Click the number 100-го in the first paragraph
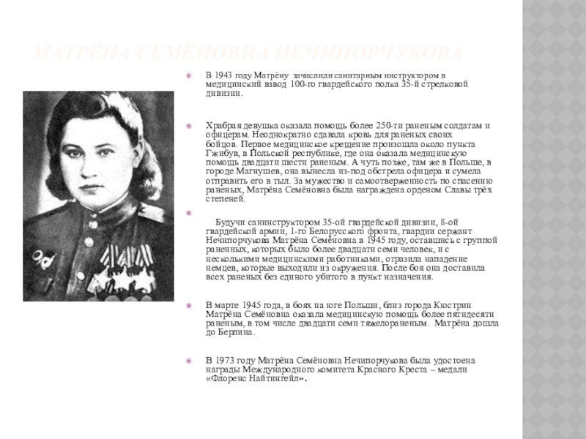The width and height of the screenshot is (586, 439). coord(304,85)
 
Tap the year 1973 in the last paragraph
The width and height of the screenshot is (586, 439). coord(223,360)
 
